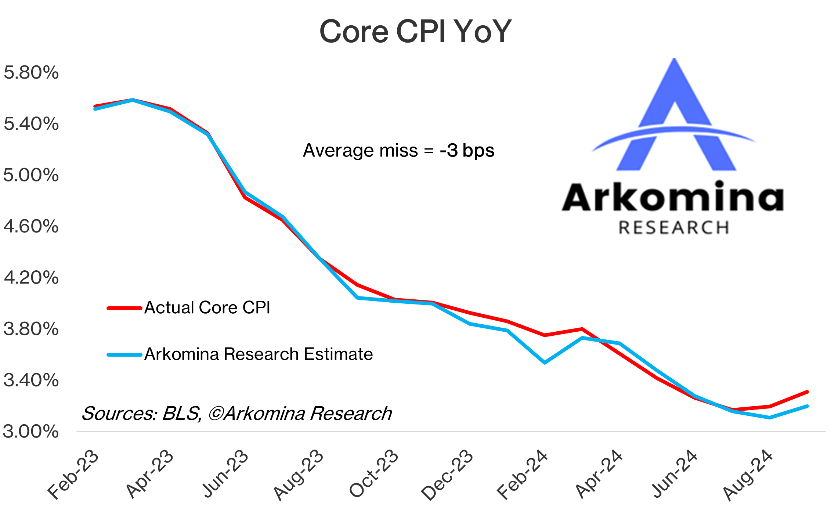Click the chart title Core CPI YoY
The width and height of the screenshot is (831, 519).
(x=415, y=32)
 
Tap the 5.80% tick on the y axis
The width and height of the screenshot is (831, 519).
(x=31, y=72)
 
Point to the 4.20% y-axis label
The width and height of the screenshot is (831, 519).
(x=31, y=277)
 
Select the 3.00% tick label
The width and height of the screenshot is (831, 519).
(x=31, y=431)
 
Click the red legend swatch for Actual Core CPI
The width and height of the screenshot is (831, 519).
(x=124, y=308)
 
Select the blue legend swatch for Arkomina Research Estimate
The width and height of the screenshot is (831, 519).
(x=124, y=355)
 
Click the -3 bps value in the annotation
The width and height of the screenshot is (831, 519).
(x=467, y=150)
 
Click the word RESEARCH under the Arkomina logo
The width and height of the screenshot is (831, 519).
(x=673, y=228)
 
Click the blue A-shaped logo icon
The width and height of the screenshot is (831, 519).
(x=675, y=118)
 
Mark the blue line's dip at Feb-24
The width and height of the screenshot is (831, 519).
(x=544, y=363)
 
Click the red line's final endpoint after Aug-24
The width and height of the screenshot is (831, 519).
(x=807, y=392)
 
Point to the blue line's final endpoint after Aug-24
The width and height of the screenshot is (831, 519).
(x=807, y=406)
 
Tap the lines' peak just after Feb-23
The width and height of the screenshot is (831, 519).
(x=133, y=100)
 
